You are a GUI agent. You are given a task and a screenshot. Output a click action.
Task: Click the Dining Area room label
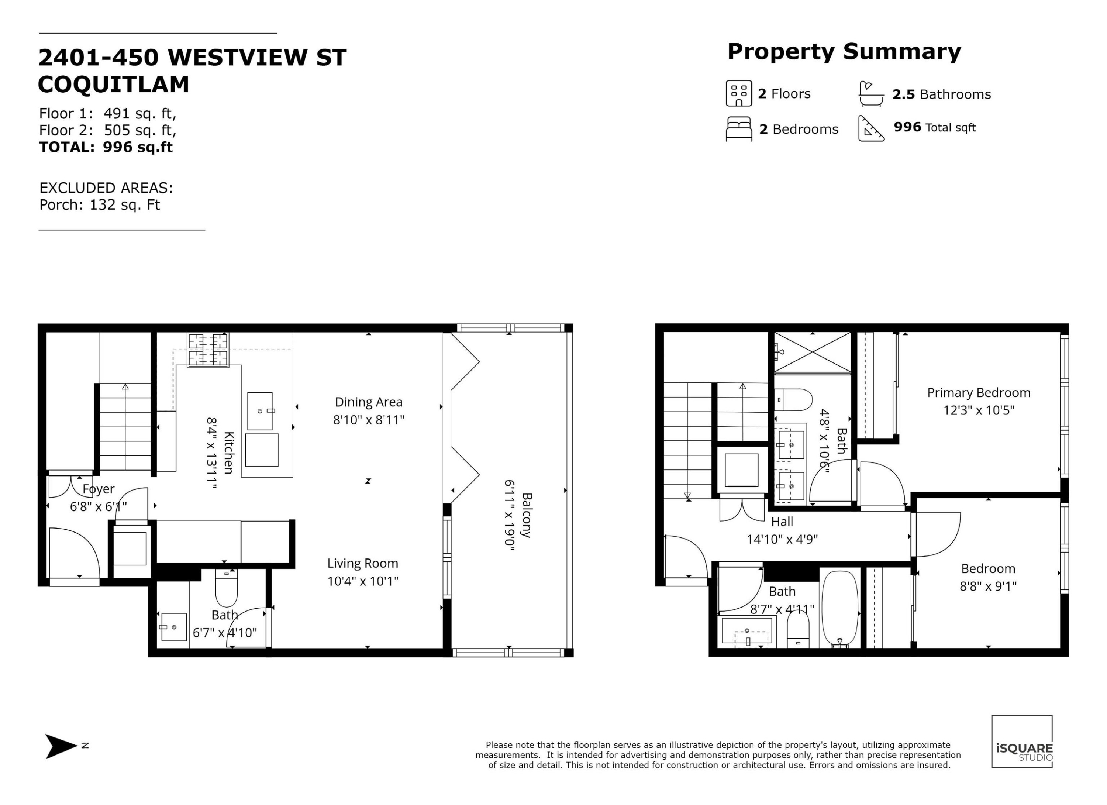(369, 402)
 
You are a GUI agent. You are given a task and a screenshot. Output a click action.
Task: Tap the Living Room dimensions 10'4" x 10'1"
(363, 581)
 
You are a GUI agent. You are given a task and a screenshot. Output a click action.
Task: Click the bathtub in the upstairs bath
(839, 609)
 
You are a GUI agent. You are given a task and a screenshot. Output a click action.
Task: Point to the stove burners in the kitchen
(208, 350)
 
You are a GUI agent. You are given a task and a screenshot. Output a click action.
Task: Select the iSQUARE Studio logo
(1022, 742)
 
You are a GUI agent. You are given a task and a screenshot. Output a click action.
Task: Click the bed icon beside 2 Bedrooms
(739, 129)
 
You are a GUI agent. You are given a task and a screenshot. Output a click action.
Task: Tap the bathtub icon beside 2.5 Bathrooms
(871, 94)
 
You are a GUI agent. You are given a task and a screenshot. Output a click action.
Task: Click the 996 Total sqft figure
(934, 127)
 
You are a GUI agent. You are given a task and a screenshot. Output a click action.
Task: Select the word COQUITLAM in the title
(113, 85)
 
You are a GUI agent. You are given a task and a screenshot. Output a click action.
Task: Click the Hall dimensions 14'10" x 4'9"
(782, 539)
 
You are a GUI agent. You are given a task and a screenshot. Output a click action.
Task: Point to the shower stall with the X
(812, 353)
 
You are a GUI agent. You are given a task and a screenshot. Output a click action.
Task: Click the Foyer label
(99, 489)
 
